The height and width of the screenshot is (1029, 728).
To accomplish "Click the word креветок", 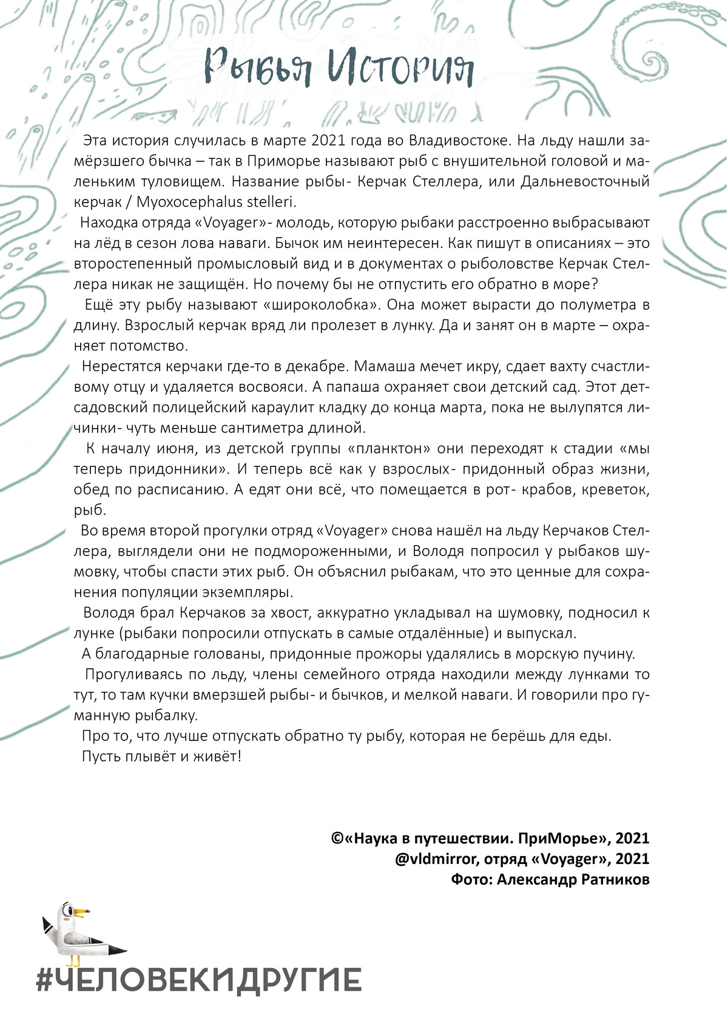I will click(615, 490).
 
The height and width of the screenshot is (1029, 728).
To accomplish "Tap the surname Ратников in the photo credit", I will click(616, 879).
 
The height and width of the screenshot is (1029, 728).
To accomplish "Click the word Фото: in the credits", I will click(471, 879).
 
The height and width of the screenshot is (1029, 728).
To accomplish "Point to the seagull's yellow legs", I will click(74, 959).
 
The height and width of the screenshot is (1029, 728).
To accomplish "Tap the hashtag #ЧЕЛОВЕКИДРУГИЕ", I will click(199, 980).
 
